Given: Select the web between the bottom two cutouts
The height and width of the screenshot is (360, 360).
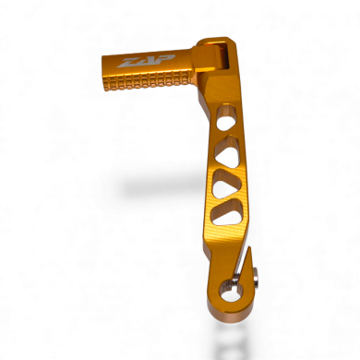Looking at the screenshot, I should click(x=224, y=201).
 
